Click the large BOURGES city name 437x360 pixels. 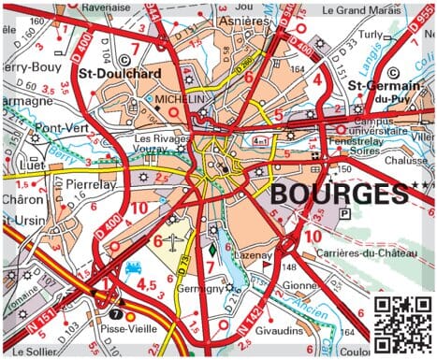pos(339,194)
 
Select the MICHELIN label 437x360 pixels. pos(182,97)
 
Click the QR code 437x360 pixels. pos(402,324)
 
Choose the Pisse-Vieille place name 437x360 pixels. pos(128,330)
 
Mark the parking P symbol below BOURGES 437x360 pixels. pos(345,214)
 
